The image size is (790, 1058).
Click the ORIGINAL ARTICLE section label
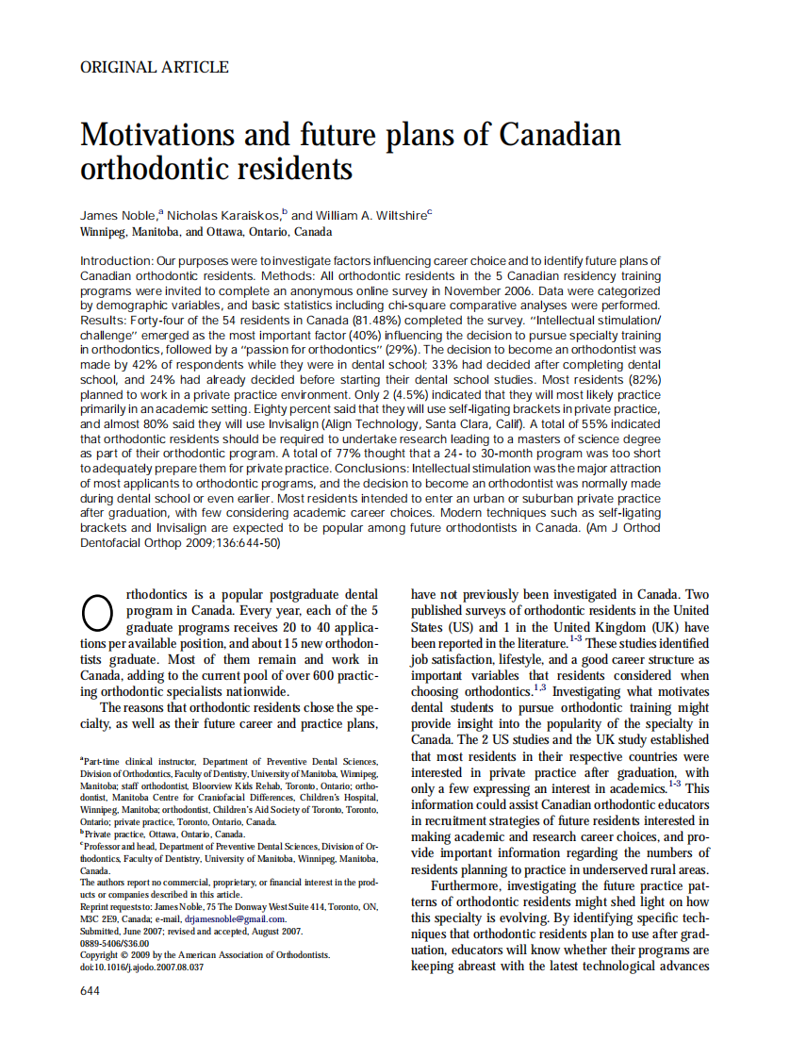click(x=154, y=67)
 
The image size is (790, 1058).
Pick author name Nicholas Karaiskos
click(x=226, y=215)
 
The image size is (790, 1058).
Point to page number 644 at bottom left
click(x=90, y=990)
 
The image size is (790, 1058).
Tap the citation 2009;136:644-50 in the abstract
click(x=228, y=544)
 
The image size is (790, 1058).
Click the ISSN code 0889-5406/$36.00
click(x=115, y=942)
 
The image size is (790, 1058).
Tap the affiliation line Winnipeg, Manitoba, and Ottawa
click(x=206, y=232)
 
